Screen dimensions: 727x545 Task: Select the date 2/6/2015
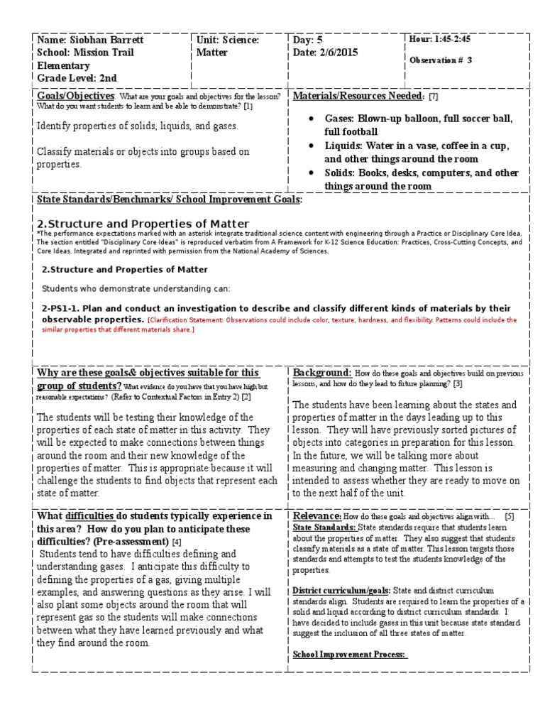[338, 53]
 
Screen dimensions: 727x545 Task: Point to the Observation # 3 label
[441, 60]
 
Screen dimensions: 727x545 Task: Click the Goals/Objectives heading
[76, 96]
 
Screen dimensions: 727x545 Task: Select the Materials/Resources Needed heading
[359, 96]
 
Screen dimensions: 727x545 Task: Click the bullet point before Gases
[312, 119]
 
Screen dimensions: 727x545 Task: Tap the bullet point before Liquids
[312, 146]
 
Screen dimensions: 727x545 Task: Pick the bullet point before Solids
[312, 173]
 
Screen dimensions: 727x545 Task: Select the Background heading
[321, 373]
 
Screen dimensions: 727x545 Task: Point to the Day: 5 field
[308, 39]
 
